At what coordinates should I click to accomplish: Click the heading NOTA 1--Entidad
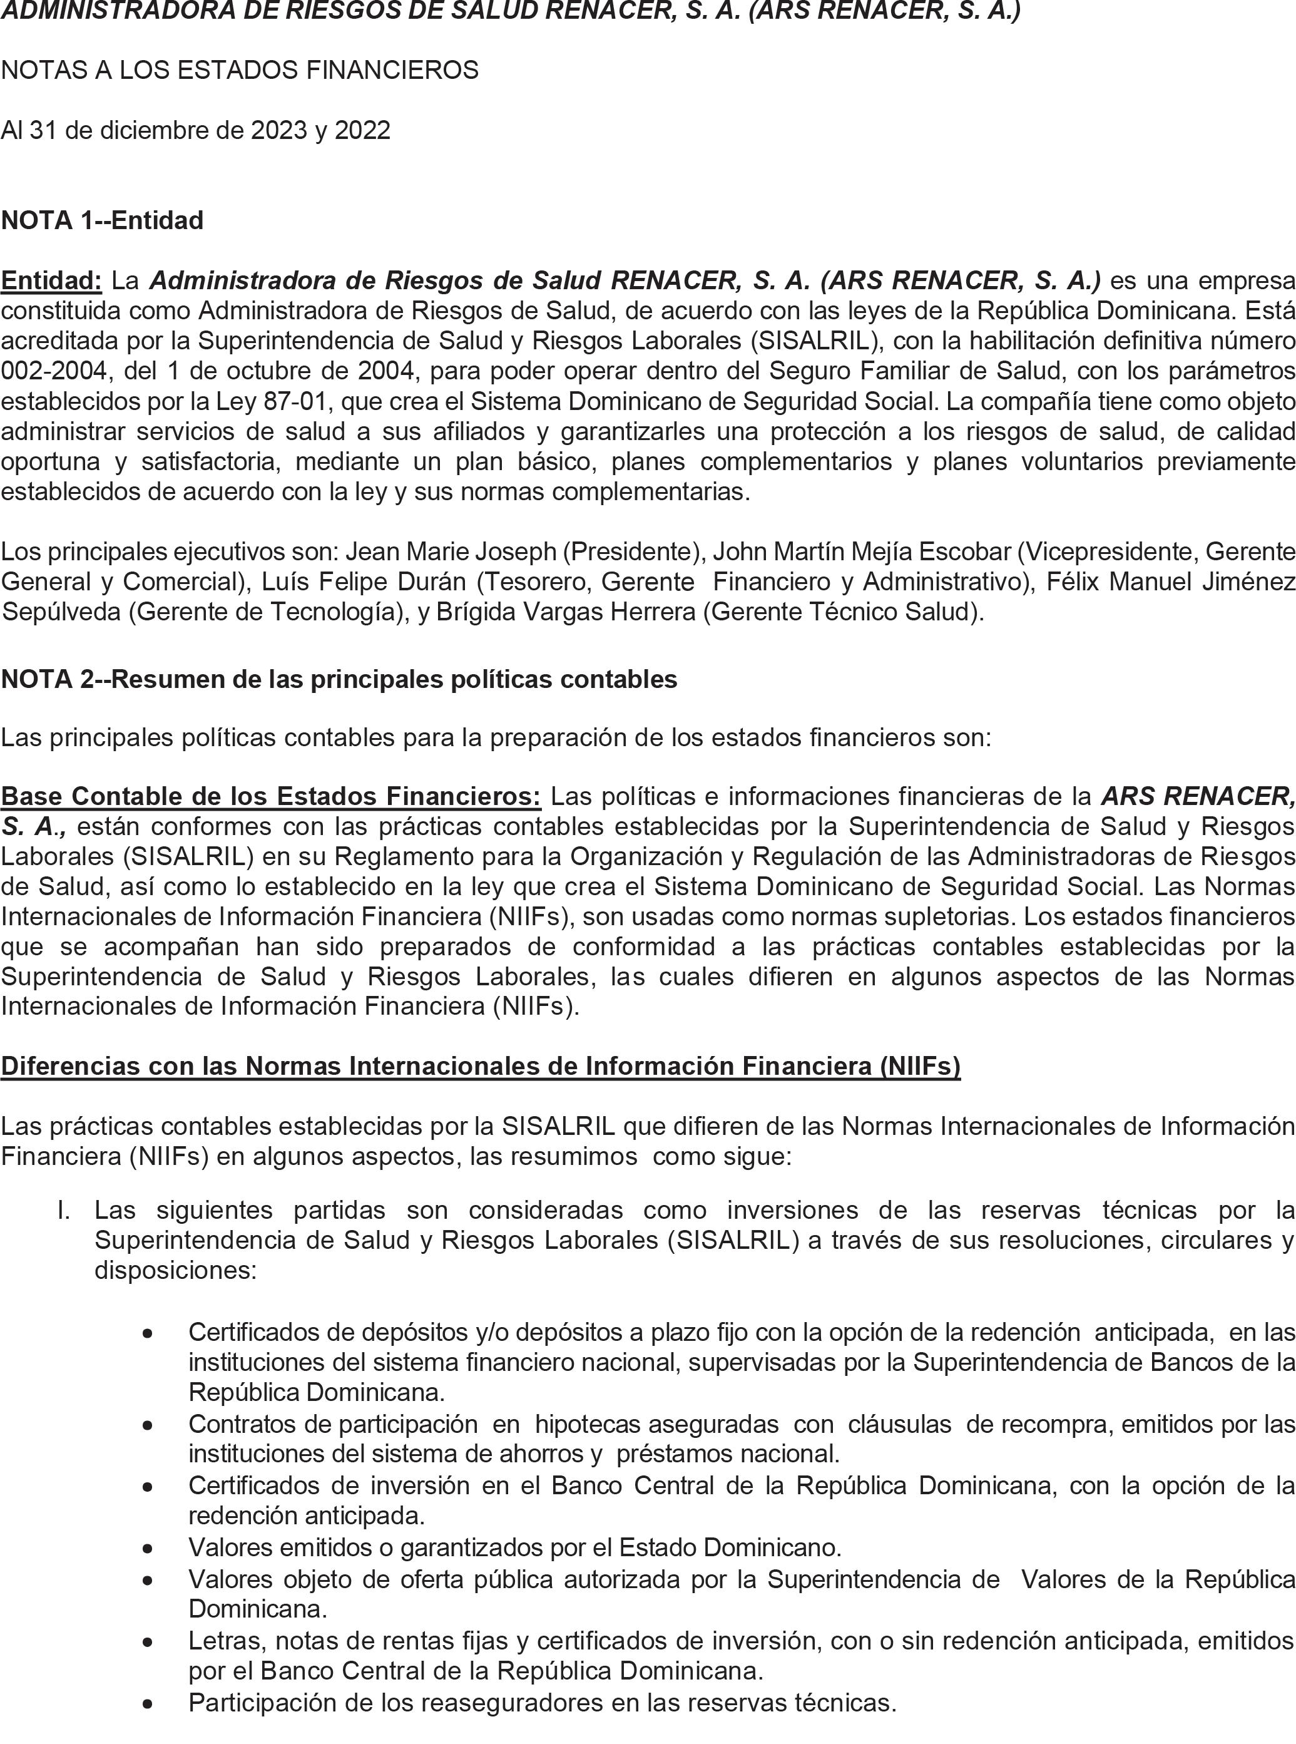coord(102,220)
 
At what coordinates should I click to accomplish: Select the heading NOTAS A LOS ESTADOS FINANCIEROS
coord(239,71)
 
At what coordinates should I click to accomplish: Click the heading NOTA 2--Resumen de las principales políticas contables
coord(339,679)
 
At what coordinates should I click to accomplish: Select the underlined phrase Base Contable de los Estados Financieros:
coord(271,796)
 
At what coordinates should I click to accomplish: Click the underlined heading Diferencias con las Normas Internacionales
coord(480,1066)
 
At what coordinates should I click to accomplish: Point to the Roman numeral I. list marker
coord(65,1210)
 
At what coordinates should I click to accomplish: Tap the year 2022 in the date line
coord(362,130)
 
